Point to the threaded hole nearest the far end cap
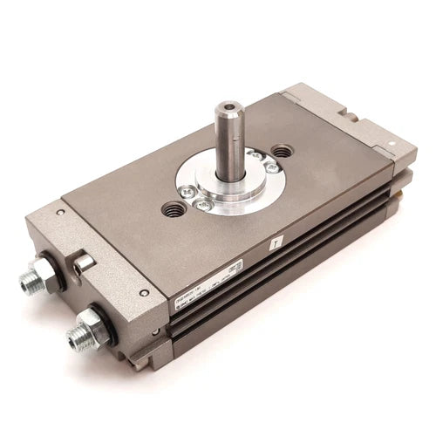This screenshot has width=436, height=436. coord(283,150)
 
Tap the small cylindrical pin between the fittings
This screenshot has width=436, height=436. coord(84,264)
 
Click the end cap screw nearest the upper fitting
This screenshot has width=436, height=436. coord(59,212)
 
